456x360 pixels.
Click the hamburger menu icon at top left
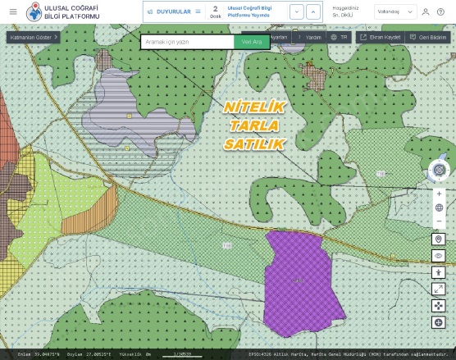(x=12, y=11)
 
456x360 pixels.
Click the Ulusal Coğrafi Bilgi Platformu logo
(x=36, y=12)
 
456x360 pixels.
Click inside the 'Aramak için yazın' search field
(x=187, y=41)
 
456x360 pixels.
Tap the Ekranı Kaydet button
(x=380, y=38)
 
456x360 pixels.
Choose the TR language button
(x=339, y=38)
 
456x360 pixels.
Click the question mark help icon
(x=440, y=11)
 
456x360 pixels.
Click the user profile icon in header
(x=426, y=11)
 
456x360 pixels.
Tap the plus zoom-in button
(x=439, y=194)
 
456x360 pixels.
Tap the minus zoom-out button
(x=439, y=221)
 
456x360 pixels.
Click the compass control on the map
(x=439, y=170)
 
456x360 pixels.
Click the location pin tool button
(x=439, y=239)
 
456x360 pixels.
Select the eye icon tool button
(x=439, y=256)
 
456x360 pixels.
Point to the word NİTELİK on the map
(x=253, y=107)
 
